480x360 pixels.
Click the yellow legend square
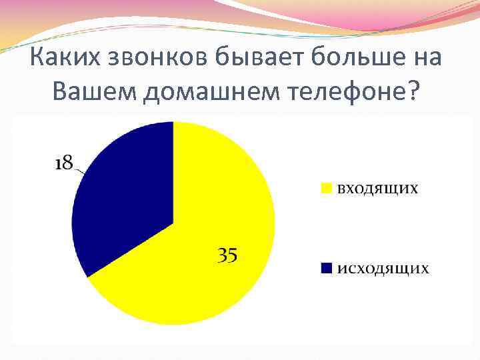pos(326,188)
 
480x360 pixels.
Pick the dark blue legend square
pos(326,268)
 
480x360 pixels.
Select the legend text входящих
pos(377,188)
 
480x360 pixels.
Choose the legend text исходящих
pos(382,268)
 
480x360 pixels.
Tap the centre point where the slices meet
pos(173,223)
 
